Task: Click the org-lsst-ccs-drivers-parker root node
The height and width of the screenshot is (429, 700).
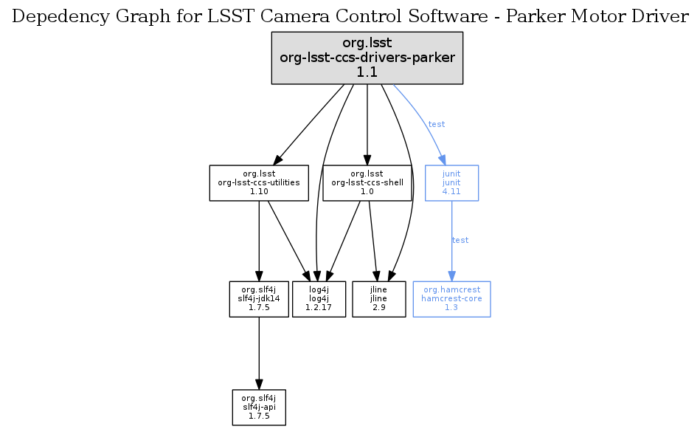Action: coord(367,57)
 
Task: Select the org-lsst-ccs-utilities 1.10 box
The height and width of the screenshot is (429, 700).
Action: coord(258,182)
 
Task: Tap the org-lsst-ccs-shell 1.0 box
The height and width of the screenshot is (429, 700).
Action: coord(367,182)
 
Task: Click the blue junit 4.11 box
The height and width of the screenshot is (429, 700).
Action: coord(451,182)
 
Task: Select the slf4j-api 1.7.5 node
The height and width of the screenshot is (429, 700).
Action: coord(258,407)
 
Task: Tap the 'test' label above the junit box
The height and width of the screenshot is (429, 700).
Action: coord(437,124)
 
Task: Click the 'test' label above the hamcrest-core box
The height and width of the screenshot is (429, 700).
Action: coord(460,240)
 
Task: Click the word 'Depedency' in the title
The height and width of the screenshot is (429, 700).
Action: coord(55,17)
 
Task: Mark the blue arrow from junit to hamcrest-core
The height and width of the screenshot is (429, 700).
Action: coord(451,255)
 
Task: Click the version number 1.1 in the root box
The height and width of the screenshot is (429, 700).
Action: coord(367,72)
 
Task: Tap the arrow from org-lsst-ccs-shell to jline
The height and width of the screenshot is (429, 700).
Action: coord(373,240)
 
